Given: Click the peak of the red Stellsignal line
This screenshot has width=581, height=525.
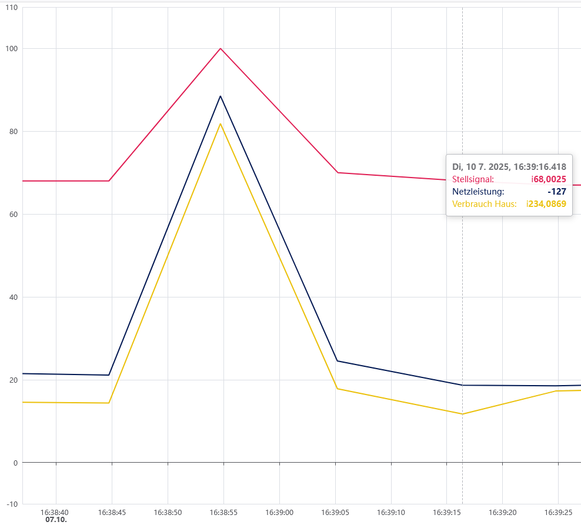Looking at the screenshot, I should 221,48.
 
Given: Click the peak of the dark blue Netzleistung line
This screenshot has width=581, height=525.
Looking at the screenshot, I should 221,96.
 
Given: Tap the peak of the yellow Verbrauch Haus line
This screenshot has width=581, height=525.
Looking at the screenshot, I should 221,123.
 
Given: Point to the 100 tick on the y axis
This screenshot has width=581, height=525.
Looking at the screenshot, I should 12,49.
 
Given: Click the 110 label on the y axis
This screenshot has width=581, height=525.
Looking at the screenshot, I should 12,8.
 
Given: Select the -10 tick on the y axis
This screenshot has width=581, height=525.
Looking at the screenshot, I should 12,504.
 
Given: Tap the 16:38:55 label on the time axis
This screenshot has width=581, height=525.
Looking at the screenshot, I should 223,513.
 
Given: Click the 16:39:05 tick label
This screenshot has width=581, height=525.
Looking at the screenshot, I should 335,513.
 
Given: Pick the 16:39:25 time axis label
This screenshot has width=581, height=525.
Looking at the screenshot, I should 558,513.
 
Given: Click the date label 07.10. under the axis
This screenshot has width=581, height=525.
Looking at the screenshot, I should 56,520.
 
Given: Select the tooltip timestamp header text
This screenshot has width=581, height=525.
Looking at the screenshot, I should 509,167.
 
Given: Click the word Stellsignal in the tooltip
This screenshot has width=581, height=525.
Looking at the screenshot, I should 473,179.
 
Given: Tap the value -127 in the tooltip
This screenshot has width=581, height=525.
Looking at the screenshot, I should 556,192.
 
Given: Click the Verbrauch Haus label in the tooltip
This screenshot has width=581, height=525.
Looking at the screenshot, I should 484,204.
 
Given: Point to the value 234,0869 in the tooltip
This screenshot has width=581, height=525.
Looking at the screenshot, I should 546,204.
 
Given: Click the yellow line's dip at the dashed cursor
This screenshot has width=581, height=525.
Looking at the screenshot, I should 462,414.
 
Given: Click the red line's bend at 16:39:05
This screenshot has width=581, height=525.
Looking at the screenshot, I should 336,172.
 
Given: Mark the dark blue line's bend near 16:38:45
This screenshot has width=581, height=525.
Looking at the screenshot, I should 109,375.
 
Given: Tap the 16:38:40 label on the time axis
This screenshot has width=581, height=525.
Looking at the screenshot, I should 56,513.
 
